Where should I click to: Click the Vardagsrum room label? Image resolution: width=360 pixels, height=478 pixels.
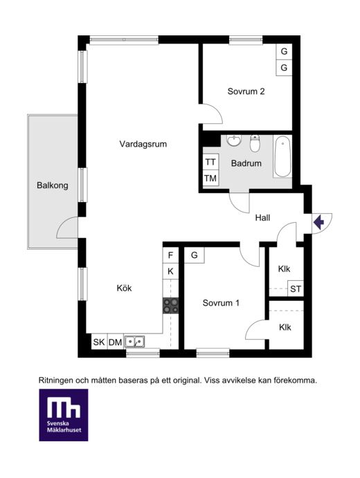(x=143, y=144)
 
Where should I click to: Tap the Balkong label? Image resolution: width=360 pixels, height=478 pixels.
(x=53, y=185)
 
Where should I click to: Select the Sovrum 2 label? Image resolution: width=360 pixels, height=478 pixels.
(x=246, y=91)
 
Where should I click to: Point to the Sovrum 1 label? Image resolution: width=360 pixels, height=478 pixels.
(x=221, y=303)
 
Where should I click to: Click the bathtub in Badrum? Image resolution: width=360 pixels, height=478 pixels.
(x=282, y=157)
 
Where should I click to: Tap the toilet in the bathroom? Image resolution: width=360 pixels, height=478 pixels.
(x=255, y=143)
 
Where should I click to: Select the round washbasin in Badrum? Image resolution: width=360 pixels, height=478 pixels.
(x=234, y=140)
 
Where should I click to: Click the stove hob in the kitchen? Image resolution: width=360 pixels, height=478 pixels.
(x=170, y=306)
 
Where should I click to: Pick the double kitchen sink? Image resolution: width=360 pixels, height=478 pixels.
(x=134, y=342)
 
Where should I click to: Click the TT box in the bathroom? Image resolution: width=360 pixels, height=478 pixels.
(x=210, y=162)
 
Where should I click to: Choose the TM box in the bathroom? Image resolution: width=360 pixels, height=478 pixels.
(x=210, y=178)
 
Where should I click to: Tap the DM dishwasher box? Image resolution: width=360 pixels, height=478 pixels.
(x=116, y=342)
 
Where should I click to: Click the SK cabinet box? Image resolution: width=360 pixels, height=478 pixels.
(x=99, y=342)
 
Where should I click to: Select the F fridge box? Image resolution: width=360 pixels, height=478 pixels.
(x=170, y=255)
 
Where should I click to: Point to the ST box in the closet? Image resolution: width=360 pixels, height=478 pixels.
(x=296, y=288)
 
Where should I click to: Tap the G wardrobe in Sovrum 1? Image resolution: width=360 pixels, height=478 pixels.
(x=195, y=255)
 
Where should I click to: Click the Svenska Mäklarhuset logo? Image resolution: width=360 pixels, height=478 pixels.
(x=64, y=415)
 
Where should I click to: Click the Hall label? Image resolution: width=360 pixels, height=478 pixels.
(x=262, y=218)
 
